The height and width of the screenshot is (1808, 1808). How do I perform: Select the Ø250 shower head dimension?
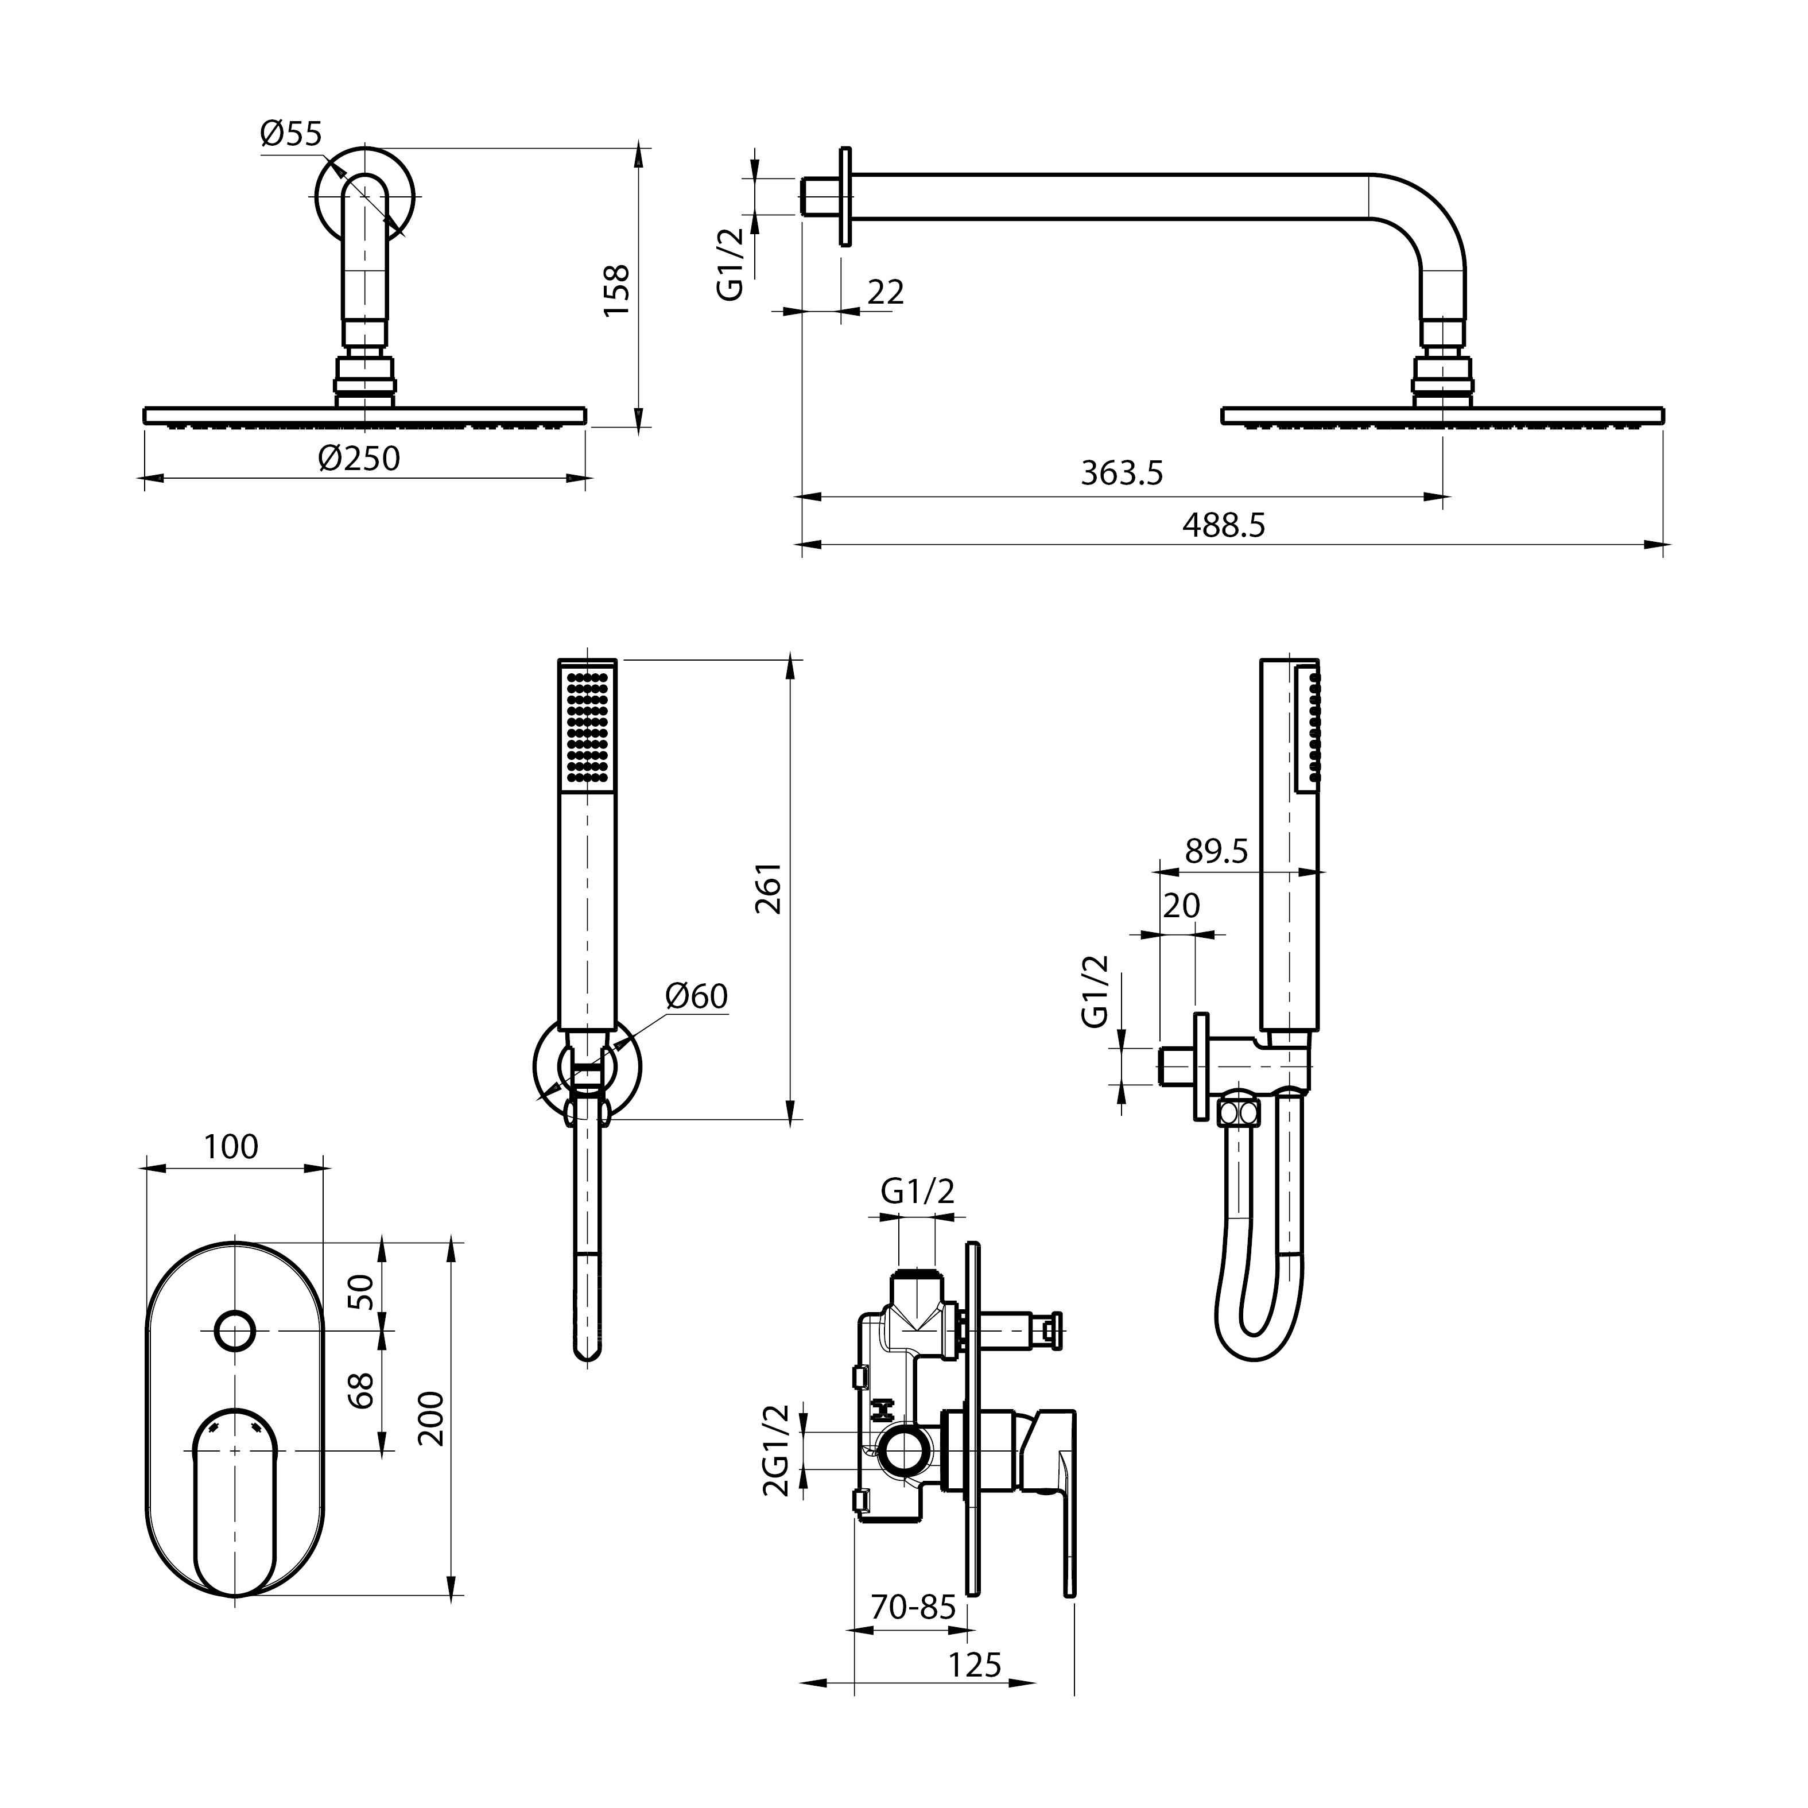tap(358, 459)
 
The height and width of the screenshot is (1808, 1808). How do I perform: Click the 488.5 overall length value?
tap(1223, 525)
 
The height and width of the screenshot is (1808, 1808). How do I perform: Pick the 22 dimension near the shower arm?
tap(885, 293)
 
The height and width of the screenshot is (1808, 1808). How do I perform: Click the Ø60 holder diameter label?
tap(696, 996)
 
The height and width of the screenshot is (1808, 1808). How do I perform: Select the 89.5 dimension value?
tap(1216, 852)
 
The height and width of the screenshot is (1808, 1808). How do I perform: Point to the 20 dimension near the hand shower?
tap(1181, 905)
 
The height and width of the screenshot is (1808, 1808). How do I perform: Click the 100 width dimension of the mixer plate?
tap(231, 1146)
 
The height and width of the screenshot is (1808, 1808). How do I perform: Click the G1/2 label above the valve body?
tap(917, 1192)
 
